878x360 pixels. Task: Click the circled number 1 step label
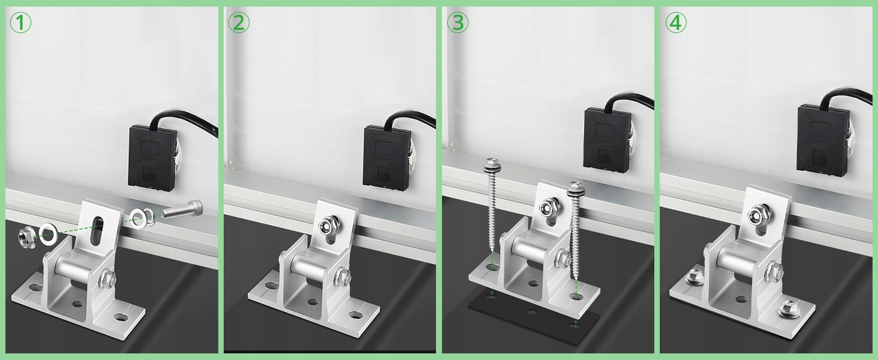[20, 23]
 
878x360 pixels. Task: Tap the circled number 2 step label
[239, 23]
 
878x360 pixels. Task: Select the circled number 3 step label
[458, 23]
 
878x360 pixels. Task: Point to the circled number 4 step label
[676, 23]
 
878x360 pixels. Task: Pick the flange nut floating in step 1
[28, 236]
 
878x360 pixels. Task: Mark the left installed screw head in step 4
[694, 277]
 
